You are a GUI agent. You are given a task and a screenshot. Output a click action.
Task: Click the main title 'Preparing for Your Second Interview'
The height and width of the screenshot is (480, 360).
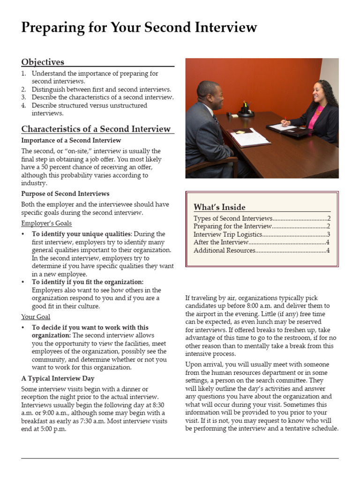(139, 28)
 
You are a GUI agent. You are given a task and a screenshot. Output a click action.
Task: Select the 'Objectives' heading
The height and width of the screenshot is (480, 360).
(43, 62)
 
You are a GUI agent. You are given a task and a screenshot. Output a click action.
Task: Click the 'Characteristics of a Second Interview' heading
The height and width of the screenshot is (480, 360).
(96, 129)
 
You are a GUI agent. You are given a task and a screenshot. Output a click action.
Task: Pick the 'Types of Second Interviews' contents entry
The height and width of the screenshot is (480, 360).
(232, 218)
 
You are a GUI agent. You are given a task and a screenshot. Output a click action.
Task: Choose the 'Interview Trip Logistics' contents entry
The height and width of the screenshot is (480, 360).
(226, 234)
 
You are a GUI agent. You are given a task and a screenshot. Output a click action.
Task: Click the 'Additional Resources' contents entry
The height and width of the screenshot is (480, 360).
(224, 250)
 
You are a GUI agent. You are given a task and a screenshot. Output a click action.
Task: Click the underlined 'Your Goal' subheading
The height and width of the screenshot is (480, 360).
(36, 317)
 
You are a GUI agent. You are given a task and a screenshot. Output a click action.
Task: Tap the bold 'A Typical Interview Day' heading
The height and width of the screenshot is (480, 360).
(58, 378)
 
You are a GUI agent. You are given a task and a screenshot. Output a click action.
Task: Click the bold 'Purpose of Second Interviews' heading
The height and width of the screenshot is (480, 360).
(65, 194)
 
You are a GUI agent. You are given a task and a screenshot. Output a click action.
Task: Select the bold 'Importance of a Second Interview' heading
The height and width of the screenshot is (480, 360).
(71, 140)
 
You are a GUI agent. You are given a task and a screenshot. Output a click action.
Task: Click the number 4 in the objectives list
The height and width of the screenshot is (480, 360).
(23, 105)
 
